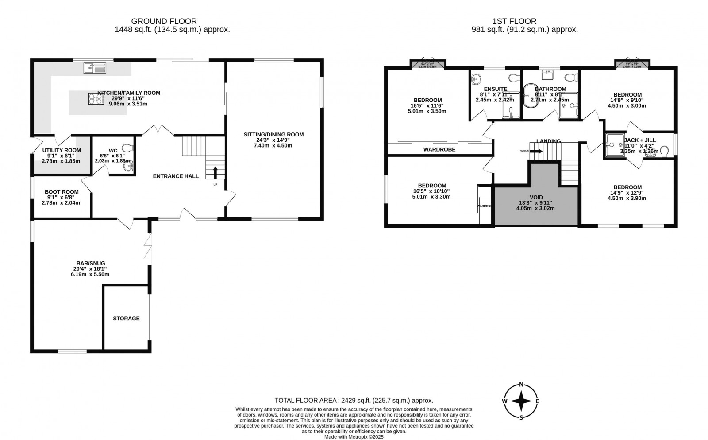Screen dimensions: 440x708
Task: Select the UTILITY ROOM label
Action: point(62,150)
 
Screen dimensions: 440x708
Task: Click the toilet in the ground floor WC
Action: point(127,148)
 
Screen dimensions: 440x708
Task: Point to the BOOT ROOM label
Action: point(62,192)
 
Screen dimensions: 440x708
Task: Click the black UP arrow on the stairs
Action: point(215,172)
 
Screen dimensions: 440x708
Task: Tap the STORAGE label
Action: point(126,318)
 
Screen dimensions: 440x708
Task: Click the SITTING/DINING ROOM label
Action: point(273,135)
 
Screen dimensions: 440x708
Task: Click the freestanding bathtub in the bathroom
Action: point(528,95)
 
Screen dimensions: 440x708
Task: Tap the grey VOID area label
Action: point(536,197)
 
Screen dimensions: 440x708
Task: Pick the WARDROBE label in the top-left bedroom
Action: point(439,149)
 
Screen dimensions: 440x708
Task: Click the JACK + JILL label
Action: point(639,140)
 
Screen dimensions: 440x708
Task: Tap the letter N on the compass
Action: point(521,384)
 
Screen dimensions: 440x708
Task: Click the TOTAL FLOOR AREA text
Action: point(354,400)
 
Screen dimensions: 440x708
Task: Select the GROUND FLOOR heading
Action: point(164,21)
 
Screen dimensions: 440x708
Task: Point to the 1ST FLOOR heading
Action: point(514,21)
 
